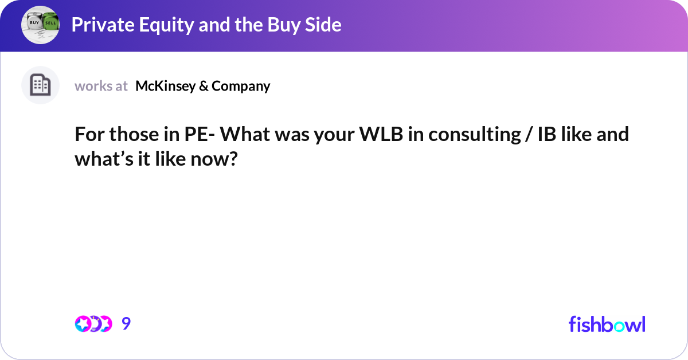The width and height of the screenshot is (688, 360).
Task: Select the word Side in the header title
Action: [324, 25]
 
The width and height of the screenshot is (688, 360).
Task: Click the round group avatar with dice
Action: [40, 25]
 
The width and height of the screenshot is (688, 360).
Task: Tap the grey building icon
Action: [40, 85]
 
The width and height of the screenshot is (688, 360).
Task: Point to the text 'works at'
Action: [101, 86]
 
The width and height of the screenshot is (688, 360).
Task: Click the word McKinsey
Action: [165, 86]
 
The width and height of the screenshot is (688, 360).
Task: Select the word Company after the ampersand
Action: [241, 86]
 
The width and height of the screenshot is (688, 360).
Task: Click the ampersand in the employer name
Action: [203, 86]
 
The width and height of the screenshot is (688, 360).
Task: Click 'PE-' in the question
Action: [201, 135]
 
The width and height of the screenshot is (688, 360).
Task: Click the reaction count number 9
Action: [126, 324]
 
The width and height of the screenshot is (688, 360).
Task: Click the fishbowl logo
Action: [607, 324]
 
